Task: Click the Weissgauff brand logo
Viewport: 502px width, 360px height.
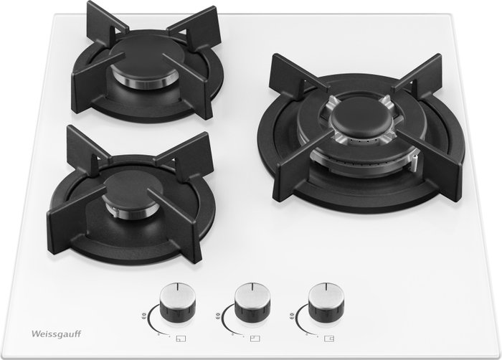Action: pyautogui.click(x=56, y=334)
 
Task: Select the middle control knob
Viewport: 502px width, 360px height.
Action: pyautogui.click(x=252, y=300)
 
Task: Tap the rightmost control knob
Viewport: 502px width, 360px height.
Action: pyautogui.click(x=326, y=300)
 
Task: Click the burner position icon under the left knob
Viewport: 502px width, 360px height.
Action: pyautogui.click(x=181, y=338)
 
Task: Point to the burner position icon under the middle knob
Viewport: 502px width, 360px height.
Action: pyautogui.click(x=255, y=338)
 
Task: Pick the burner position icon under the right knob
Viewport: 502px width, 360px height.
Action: pyautogui.click(x=329, y=338)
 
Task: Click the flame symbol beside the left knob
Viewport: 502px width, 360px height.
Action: pyautogui.click(x=143, y=316)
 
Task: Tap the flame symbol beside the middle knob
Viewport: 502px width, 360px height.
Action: pyautogui.click(x=218, y=316)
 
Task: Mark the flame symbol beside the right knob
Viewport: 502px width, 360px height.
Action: pyautogui.click(x=292, y=316)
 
